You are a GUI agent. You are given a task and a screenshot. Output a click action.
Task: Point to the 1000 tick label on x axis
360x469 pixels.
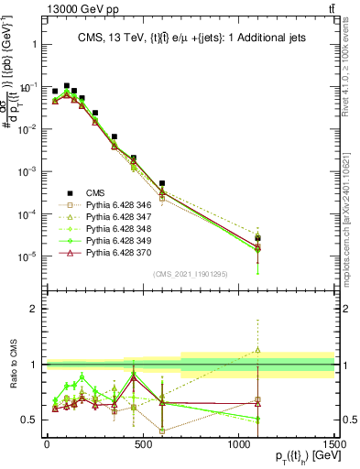click(x=238, y=446)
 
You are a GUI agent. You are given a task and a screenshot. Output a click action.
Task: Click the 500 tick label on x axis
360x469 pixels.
click(x=142, y=446)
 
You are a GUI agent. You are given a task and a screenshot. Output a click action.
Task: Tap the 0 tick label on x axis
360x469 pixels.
click(x=47, y=446)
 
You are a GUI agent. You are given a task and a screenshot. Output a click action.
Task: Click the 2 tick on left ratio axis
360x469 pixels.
click(x=32, y=309)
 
